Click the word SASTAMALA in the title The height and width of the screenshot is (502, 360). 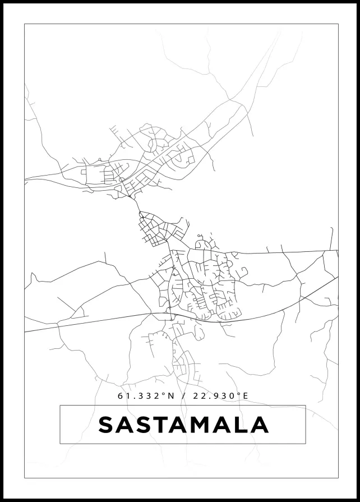(x=183, y=425)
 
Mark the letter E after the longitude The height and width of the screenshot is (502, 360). (x=244, y=396)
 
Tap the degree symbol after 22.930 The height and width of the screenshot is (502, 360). (x=237, y=394)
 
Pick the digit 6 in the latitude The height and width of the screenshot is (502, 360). (x=121, y=396)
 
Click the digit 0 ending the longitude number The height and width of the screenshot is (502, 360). (x=230, y=396)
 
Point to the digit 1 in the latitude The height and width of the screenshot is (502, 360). (x=128, y=396)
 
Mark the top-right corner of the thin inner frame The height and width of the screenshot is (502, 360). (x=338, y=24)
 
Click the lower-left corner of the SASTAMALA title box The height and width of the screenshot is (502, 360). (x=60, y=444)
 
